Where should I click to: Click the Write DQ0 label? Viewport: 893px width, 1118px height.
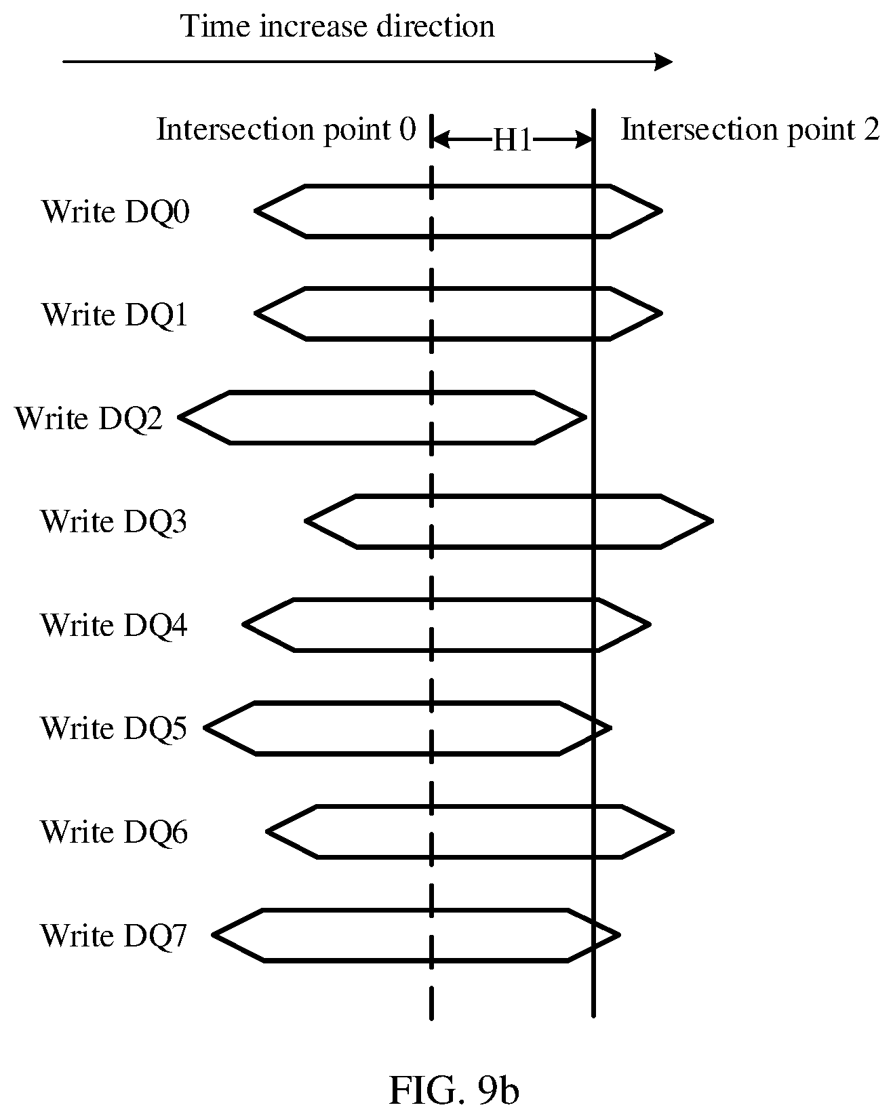click(x=116, y=212)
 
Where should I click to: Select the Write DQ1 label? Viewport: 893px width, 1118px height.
click(x=115, y=315)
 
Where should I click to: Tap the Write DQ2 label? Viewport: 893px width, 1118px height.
click(x=89, y=418)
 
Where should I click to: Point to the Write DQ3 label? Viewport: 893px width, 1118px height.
click(x=114, y=521)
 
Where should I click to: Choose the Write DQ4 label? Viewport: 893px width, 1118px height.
click(x=114, y=624)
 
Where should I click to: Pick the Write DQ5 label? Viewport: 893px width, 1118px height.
click(x=114, y=728)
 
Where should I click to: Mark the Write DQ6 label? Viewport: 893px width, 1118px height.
click(x=114, y=832)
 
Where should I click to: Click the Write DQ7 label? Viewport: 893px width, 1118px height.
click(x=114, y=935)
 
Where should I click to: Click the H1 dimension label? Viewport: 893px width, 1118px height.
click(x=513, y=140)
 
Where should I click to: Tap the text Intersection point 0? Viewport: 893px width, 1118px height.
click(x=286, y=129)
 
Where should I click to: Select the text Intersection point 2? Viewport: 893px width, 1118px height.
click(x=750, y=129)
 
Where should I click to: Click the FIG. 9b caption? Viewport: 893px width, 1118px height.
click(x=454, y=1090)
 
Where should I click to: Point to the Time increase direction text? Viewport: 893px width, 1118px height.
click(x=337, y=26)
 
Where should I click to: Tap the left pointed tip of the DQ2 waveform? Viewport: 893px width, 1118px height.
click(x=180, y=418)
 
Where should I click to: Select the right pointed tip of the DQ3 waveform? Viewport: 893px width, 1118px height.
click(x=712, y=521)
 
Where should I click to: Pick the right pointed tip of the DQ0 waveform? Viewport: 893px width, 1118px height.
click(x=661, y=211)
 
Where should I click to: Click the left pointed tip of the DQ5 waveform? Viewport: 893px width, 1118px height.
click(x=205, y=728)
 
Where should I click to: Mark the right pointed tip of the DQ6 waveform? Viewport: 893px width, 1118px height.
click(x=673, y=832)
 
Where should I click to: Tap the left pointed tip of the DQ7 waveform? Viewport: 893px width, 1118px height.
click(x=214, y=935)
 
